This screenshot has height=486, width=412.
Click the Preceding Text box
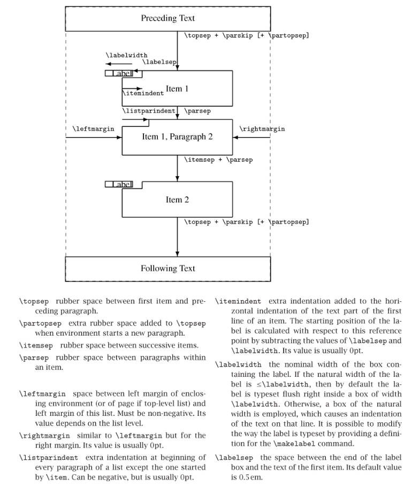click(167, 19)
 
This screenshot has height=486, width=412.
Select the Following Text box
click(167, 269)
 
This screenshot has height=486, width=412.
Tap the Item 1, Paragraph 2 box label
click(177, 137)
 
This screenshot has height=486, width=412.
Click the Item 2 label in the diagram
click(177, 200)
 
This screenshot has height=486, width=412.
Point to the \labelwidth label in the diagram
click(126, 55)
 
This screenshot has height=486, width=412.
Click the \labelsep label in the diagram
click(159, 63)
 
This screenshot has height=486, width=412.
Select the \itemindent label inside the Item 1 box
click(143, 93)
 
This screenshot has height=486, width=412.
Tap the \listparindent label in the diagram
click(149, 111)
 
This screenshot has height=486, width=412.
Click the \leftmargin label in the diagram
click(90, 129)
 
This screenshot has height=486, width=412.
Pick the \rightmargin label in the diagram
click(262, 129)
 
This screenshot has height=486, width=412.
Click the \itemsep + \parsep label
click(218, 160)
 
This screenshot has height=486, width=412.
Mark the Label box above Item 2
click(119, 185)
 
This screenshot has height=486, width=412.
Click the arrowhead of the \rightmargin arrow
click(235, 138)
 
